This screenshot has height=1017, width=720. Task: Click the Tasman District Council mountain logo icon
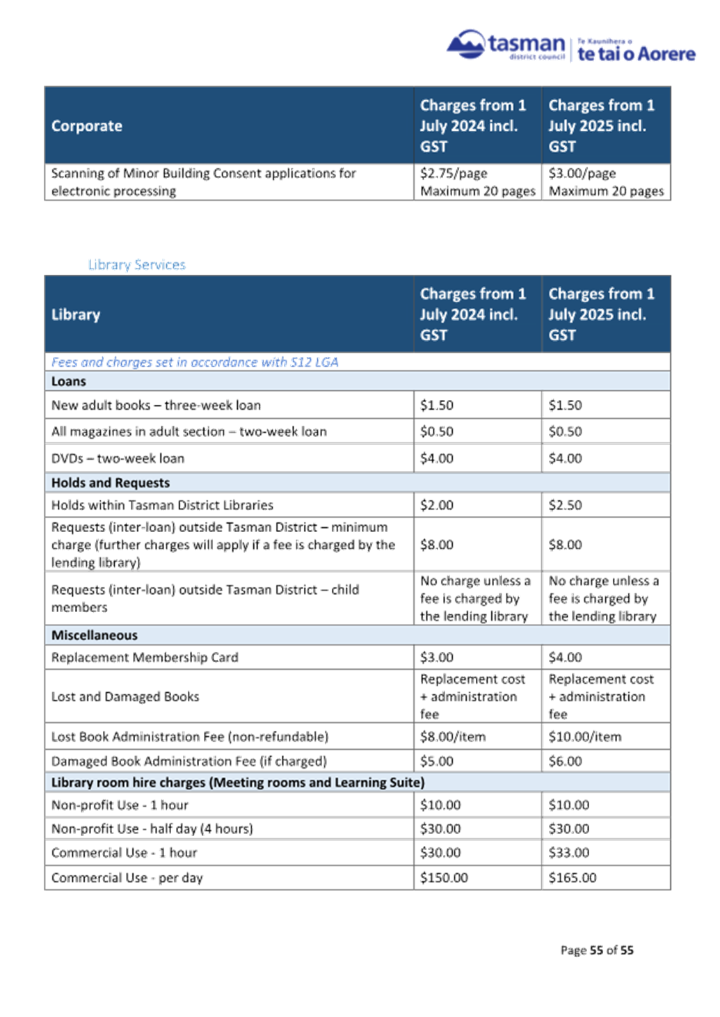(465, 45)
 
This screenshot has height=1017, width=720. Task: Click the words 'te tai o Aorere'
(637, 54)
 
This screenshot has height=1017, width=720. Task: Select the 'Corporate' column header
(87, 126)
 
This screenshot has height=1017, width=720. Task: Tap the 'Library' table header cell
(76, 314)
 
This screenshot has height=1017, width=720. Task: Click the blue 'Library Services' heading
(136, 264)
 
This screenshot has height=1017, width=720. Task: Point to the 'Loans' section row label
(69, 381)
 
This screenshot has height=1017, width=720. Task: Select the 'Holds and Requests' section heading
(111, 483)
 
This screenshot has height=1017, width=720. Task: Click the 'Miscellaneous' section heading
(95, 635)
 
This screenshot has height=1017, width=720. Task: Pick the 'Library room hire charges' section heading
(237, 783)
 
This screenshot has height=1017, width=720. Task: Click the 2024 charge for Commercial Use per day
(444, 878)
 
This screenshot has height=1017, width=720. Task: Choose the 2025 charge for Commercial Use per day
(573, 878)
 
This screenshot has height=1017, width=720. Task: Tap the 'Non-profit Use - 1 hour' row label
(120, 806)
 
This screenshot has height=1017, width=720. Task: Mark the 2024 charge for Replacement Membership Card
(436, 657)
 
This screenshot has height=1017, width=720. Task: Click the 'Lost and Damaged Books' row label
(125, 696)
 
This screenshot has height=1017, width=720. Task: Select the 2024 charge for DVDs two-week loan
(436, 458)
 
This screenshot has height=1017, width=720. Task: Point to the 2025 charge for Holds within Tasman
(565, 506)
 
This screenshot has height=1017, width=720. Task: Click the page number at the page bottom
(597, 950)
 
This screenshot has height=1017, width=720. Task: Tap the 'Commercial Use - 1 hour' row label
(124, 853)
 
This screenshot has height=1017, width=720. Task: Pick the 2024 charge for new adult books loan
(436, 405)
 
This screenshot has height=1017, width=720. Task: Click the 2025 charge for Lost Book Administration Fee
(584, 737)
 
